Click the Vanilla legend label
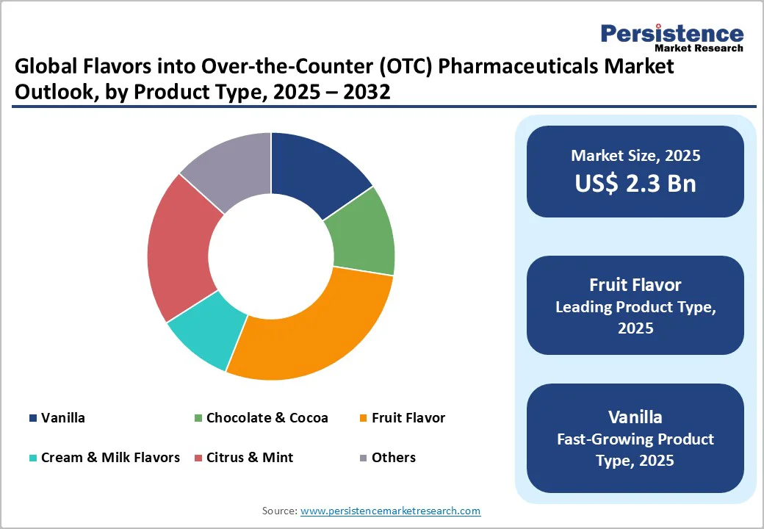[63, 418]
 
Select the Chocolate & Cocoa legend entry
[267, 418]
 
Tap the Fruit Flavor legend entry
[408, 418]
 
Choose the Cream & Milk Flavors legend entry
[110, 458]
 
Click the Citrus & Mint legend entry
[249, 458]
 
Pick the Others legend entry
[393, 458]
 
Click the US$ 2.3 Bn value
[635, 184]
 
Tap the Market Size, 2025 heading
[635, 156]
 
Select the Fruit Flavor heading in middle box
[635, 284]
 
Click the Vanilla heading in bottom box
[635, 417]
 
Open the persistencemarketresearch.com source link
[390, 511]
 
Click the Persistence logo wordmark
[671, 34]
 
